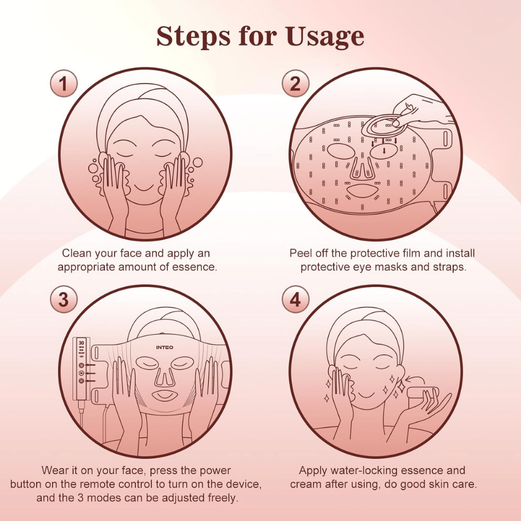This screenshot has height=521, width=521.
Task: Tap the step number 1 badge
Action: click(64, 83)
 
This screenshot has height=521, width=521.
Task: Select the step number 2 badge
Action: click(295, 83)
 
